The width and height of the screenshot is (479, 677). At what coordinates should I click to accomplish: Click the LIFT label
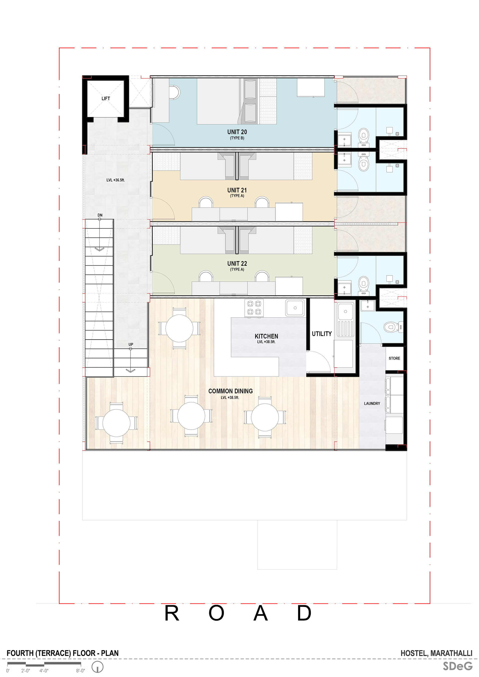(x=106, y=98)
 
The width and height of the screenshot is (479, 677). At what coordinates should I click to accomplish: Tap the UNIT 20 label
(x=237, y=132)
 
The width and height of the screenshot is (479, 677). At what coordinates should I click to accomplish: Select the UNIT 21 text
(x=237, y=190)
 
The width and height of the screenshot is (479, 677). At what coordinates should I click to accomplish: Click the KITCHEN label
(x=266, y=336)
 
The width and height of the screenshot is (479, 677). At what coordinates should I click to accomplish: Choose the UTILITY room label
(x=322, y=334)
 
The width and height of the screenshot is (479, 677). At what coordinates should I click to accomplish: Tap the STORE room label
(x=394, y=358)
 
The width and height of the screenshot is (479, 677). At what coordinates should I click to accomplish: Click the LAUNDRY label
(x=372, y=403)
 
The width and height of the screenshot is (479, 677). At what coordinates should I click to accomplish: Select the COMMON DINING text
(x=231, y=391)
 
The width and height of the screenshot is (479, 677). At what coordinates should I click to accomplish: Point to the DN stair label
(x=100, y=215)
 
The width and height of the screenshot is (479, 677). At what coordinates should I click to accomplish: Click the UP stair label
(x=131, y=344)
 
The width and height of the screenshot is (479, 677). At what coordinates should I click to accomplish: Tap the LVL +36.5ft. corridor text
(x=116, y=180)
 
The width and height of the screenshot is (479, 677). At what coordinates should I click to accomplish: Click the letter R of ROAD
(x=172, y=614)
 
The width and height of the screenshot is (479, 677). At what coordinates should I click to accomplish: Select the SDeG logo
(x=458, y=666)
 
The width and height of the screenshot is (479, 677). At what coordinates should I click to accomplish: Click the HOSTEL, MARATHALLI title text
(x=436, y=653)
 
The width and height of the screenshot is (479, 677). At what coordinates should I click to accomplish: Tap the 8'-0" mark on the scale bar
(x=81, y=671)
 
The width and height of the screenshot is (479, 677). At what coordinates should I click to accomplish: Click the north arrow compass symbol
(x=97, y=667)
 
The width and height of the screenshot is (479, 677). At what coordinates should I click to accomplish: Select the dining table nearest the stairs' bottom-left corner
(x=116, y=423)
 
